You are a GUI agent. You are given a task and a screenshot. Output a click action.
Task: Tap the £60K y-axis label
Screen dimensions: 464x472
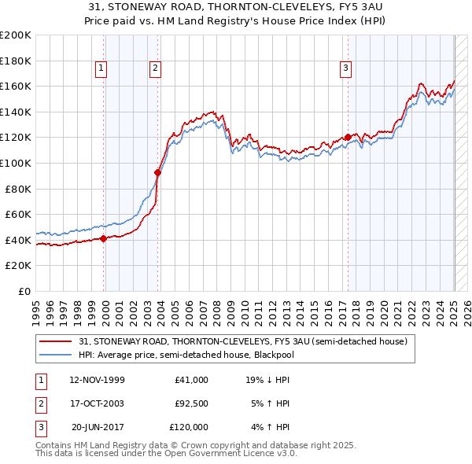coord(18,214)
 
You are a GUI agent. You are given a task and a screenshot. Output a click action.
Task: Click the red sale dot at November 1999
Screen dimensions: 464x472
coord(103,239)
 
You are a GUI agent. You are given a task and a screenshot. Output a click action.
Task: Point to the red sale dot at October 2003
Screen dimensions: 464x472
coord(158,173)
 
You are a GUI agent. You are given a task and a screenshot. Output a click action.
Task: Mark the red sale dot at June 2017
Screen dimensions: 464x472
coord(348,138)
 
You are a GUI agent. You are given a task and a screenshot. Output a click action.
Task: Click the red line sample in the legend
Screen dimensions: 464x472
coord(56,342)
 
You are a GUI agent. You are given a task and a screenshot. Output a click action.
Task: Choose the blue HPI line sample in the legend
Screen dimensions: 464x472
coord(56,355)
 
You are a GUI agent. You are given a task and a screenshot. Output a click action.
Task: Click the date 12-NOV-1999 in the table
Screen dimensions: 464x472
coord(98,379)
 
